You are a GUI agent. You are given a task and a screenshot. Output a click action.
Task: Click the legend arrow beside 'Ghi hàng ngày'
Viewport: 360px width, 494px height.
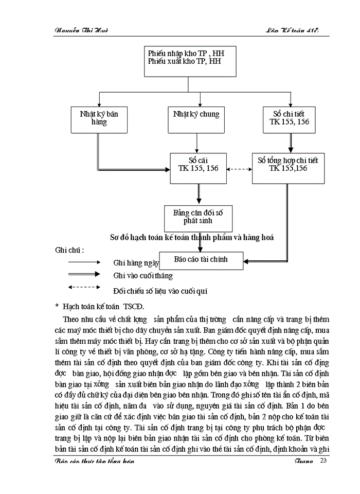83,262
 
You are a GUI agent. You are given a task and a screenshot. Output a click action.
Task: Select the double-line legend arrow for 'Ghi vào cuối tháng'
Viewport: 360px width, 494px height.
83,275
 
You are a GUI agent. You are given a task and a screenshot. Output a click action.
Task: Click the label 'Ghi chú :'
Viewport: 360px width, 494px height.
69,250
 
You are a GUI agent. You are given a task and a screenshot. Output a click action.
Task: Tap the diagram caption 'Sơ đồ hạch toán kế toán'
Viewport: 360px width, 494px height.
191,238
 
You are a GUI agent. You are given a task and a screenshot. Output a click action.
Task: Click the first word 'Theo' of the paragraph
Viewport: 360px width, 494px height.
70,320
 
